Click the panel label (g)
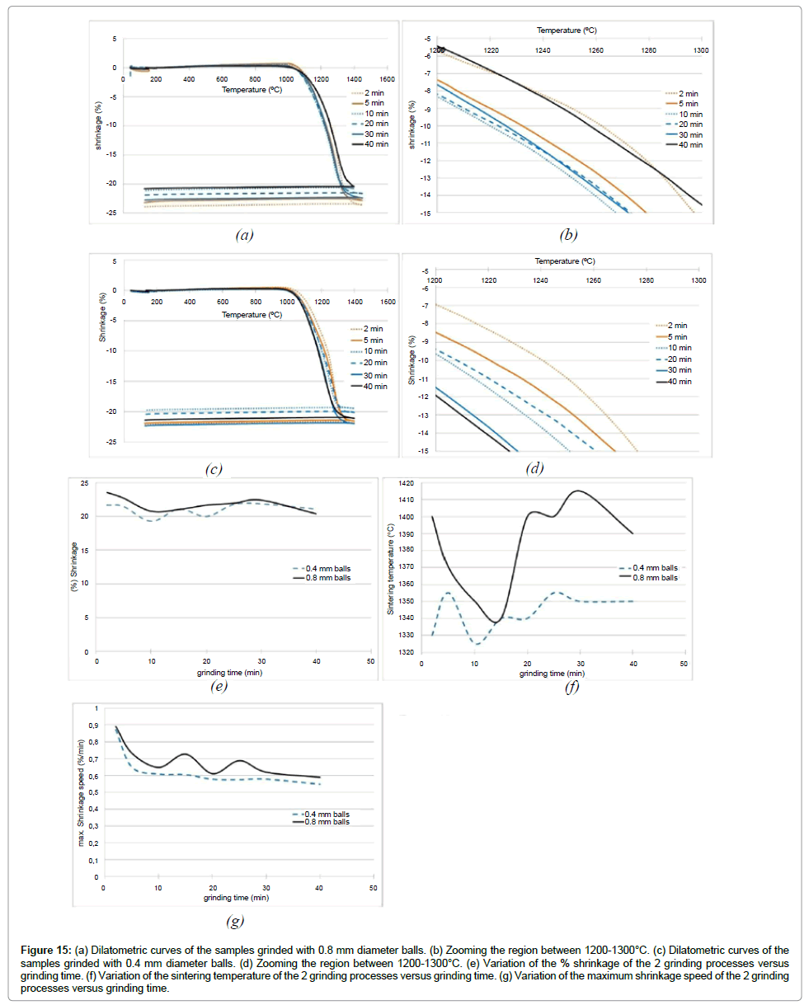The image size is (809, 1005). [x=233, y=921]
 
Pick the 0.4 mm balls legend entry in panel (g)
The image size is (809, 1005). [x=322, y=815]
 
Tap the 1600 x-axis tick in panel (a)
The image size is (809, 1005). [x=387, y=79]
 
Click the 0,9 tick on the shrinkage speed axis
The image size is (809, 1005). [x=92, y=726]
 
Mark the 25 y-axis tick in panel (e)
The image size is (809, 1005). [x=84, y=482]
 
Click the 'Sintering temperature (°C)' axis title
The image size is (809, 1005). [x=390, y=568]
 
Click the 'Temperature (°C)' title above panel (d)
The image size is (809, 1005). [x=565, y=261]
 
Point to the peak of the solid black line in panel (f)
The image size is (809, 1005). [x=577, y=491]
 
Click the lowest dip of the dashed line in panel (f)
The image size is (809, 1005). [x=477, y=644]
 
